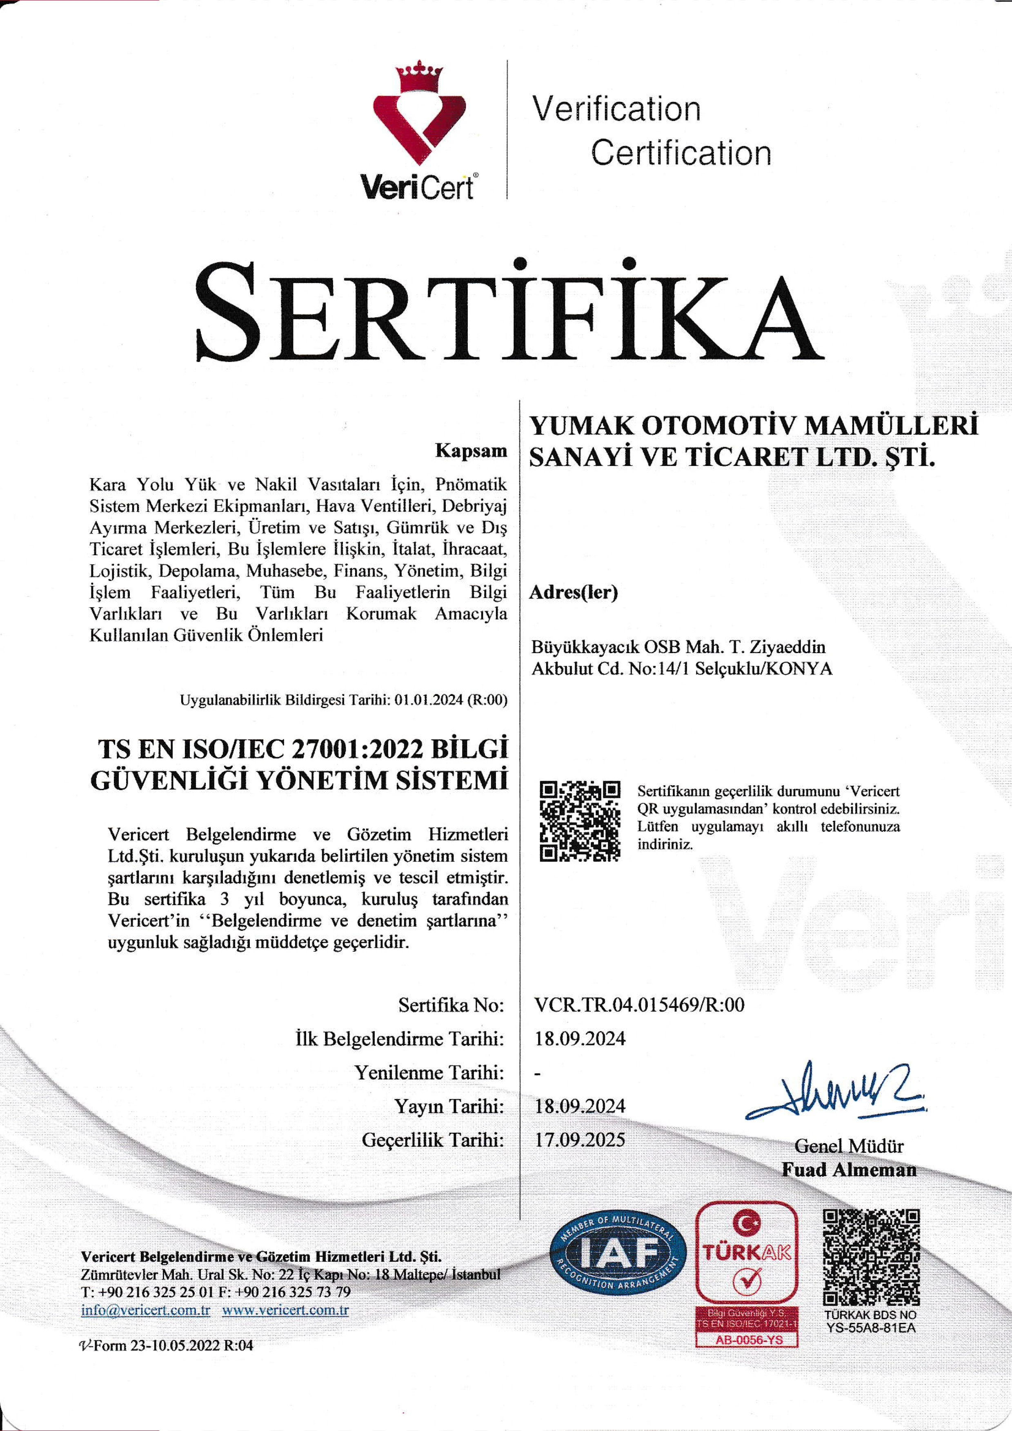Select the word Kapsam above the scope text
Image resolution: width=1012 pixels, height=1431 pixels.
pyautogui.click(x=471, y=451)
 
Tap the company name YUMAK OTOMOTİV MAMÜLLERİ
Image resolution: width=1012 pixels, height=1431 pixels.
pyautogui.click(x=753, y=426)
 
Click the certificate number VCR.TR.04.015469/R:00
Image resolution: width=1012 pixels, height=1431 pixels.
pyautogui.click(x=639, y=1005)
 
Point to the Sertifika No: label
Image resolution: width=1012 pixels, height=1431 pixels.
pyautogui.click(x=450, y=1005)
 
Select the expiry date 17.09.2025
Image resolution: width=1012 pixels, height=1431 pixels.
pyautogui.click(x=580, y=1140)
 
